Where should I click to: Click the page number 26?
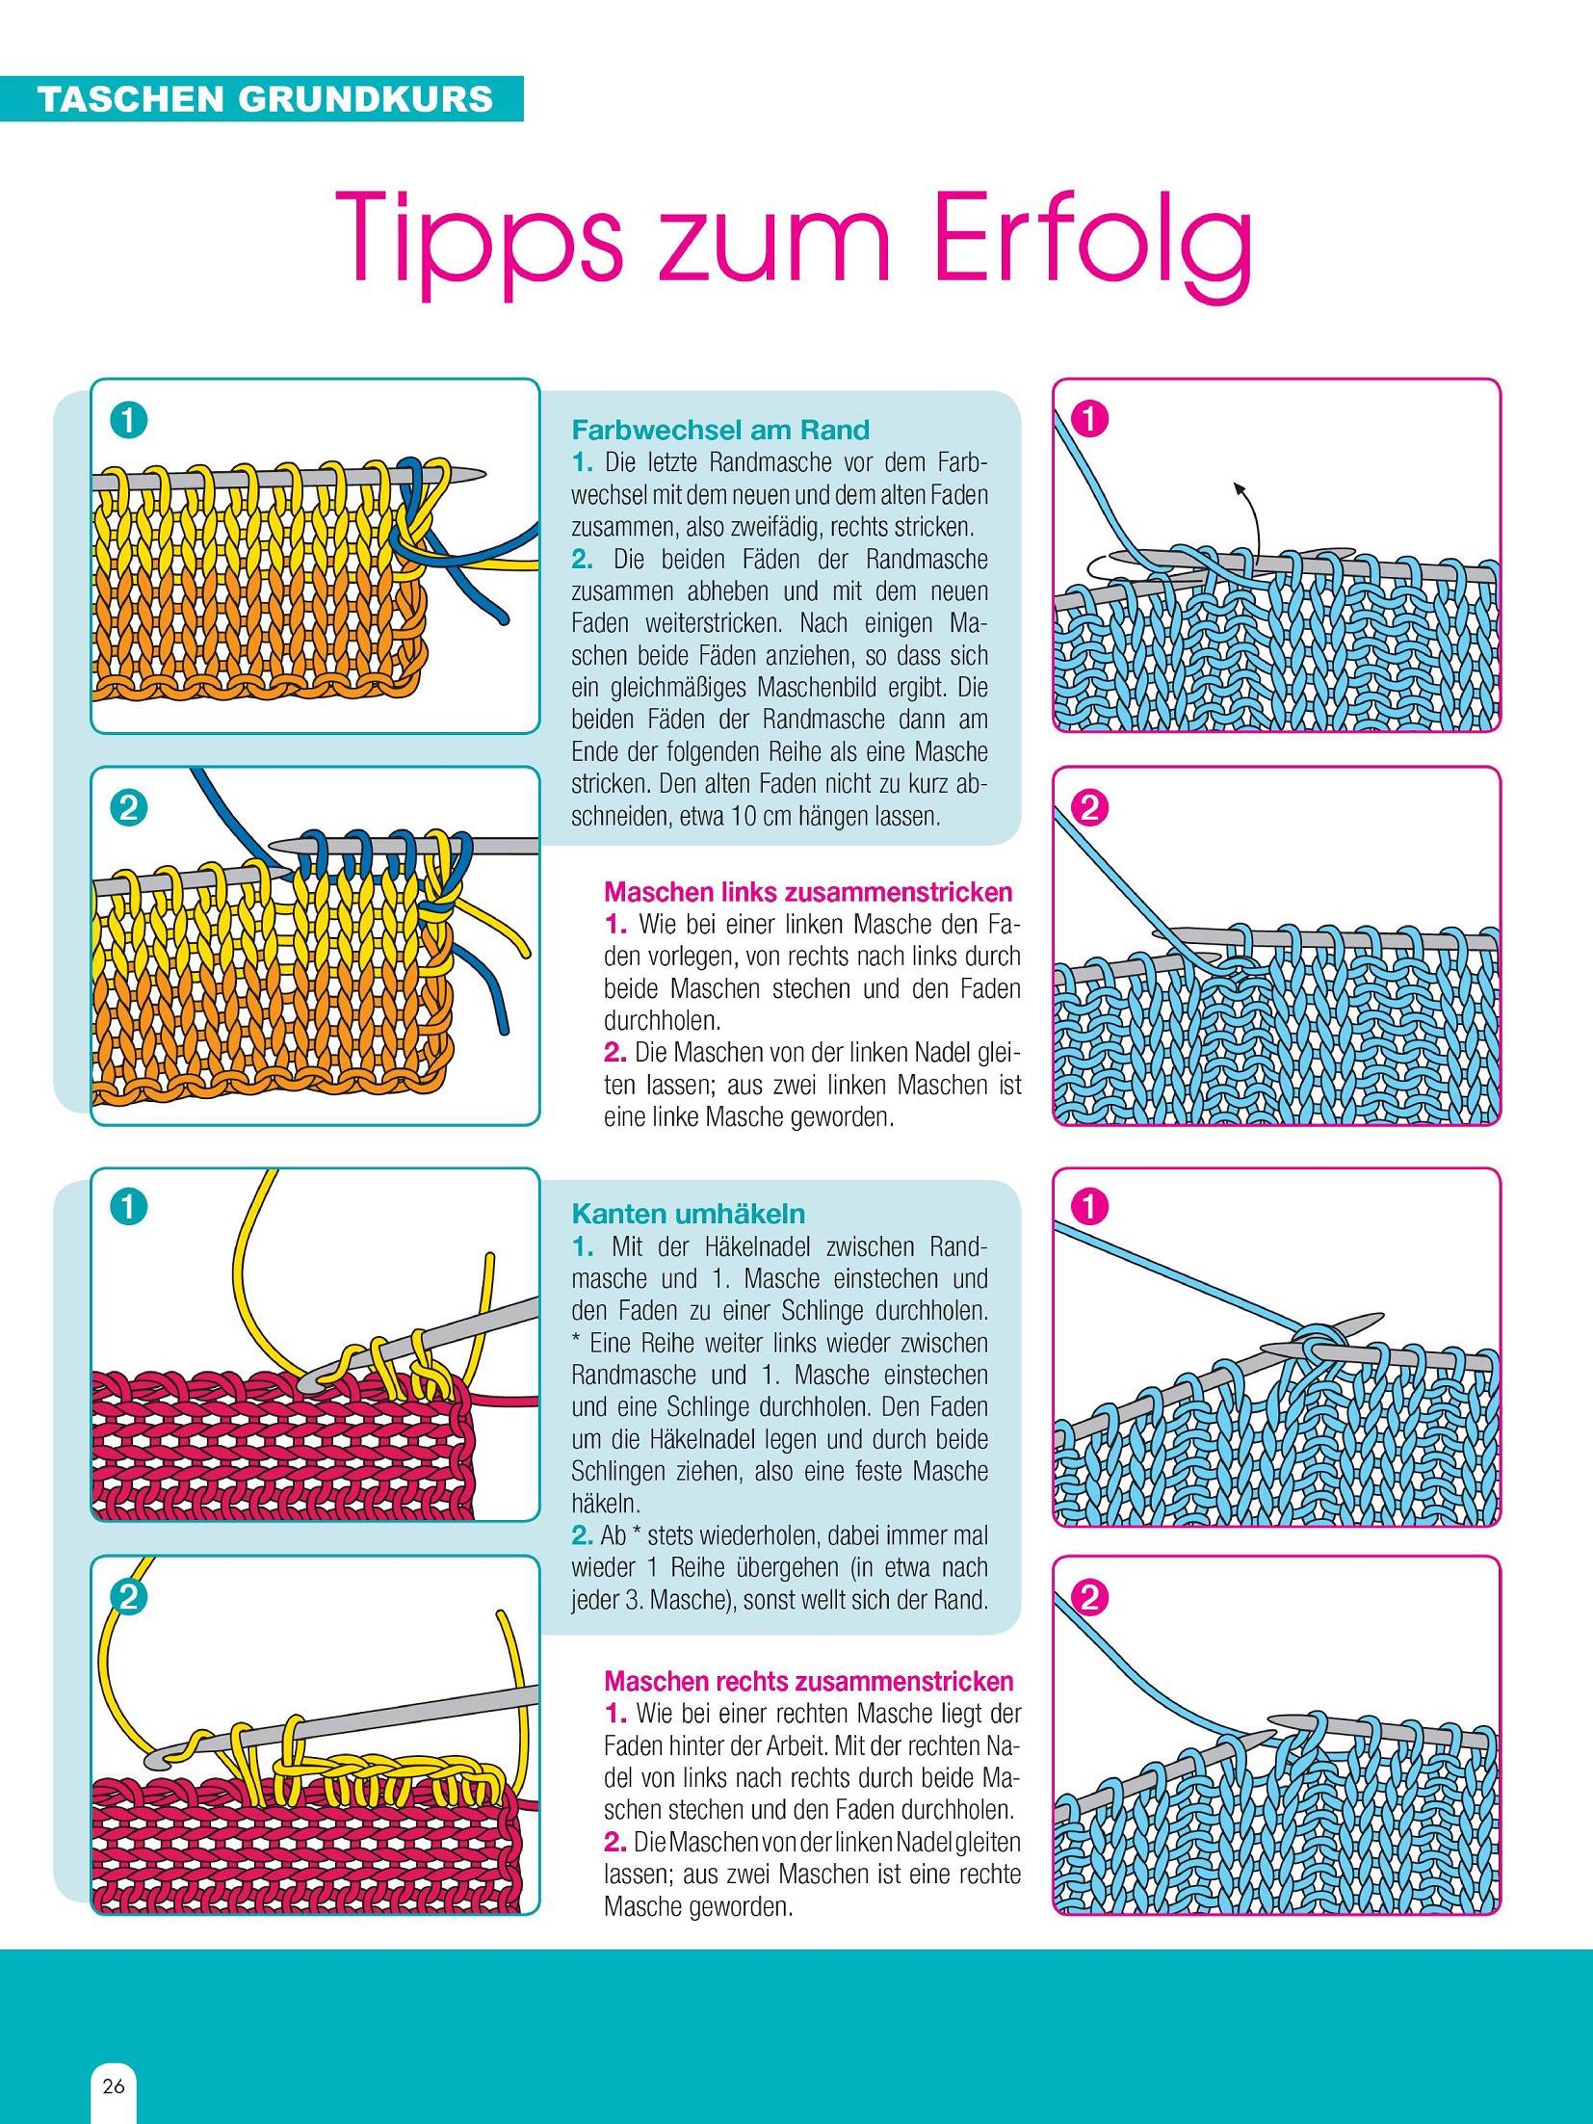114,2086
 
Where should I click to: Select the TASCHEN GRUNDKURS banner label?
265,99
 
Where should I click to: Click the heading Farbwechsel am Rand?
720,430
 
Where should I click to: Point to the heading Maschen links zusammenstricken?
808,892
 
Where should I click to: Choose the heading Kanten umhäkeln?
689,1214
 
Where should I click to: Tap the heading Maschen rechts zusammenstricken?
809,1682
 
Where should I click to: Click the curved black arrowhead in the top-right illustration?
1240,489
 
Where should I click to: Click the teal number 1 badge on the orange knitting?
128,420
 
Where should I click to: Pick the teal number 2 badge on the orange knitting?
128,807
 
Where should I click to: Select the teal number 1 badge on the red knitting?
128,1207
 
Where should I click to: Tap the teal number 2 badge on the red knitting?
128,1598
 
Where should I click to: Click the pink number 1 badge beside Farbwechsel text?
1089,419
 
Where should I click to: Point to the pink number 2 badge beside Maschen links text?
1089,807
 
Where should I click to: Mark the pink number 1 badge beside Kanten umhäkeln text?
1089,1207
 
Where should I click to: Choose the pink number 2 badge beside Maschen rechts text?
1089,1598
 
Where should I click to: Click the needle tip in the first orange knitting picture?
484,474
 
